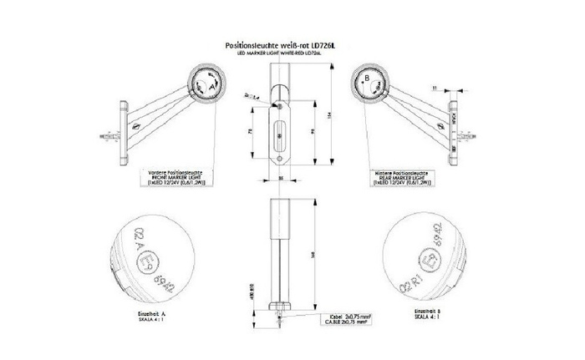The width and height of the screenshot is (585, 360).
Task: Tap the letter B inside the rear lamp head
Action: point(366,80)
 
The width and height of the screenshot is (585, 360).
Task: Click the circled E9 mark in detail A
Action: point(170,261)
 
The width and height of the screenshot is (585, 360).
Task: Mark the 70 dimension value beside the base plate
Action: point(253,131)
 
